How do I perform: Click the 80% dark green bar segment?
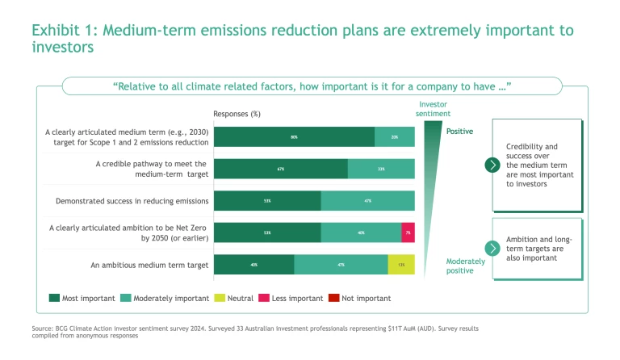point(294,137)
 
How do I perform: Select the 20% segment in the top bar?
point(395,137)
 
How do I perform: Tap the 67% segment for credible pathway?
point(280,169)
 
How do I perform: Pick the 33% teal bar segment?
point(381,169)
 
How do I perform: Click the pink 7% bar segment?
point(408,232)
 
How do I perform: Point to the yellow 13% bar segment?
point(401,264)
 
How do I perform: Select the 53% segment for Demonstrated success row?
point(266,201)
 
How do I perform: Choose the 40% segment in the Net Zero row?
point(361,232)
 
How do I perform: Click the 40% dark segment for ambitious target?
point(253,264)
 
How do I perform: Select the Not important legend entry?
point(360,298)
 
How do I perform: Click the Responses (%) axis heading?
point(237,114)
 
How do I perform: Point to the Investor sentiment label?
point(433,109)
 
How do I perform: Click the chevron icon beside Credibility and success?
point(492,165)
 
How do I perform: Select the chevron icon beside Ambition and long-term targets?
point(492,249)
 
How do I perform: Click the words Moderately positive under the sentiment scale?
point(466,266)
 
